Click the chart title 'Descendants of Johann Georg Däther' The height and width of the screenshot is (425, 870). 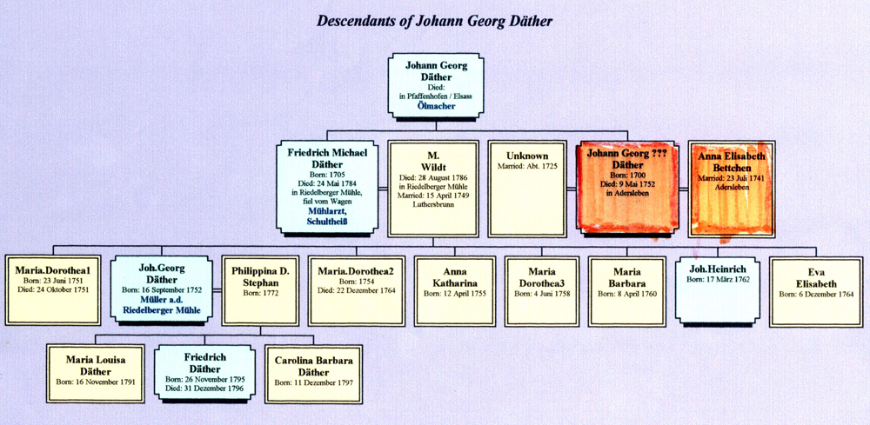point(436,18)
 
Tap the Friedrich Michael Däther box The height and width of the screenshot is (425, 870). point(327,188)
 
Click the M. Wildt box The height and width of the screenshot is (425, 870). point(433,188)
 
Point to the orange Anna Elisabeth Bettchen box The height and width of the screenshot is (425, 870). point(732,188)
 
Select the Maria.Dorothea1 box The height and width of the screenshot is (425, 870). point(53,290)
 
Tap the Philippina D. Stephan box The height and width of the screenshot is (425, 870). point(260,290)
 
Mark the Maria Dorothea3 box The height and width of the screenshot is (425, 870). point(541,290)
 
